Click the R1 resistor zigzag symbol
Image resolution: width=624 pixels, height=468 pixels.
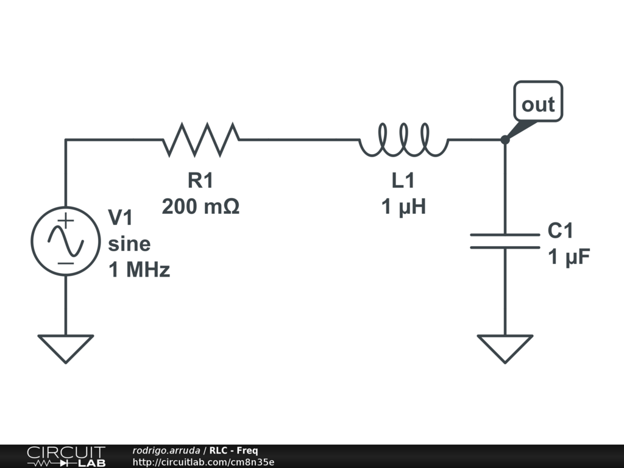(201, 139)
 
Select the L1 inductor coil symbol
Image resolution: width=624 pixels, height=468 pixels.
(403, 140)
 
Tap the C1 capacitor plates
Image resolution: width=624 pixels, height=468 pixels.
(505, 241)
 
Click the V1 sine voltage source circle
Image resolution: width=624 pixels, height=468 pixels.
(65, 241)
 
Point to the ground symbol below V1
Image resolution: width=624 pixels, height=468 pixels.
(65, 347)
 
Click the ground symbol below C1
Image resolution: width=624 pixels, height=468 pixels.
(505, 347)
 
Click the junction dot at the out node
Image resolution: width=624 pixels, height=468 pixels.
(505, 140)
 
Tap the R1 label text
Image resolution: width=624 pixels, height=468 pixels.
(200, 180)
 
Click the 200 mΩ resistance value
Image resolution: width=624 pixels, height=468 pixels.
(200, 207)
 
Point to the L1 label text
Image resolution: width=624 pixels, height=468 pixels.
(403, 180)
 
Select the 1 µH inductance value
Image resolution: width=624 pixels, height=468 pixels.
(403, 207)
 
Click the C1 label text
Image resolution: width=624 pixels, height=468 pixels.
(561, 231)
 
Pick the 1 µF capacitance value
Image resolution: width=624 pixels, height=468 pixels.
(569, 257)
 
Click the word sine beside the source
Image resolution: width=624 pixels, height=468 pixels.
(129, 244)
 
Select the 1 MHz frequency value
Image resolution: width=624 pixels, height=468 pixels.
(139, 270)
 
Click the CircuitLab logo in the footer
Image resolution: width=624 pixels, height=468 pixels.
(66, 456)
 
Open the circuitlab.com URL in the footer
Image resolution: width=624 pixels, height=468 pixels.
(203, 462)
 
